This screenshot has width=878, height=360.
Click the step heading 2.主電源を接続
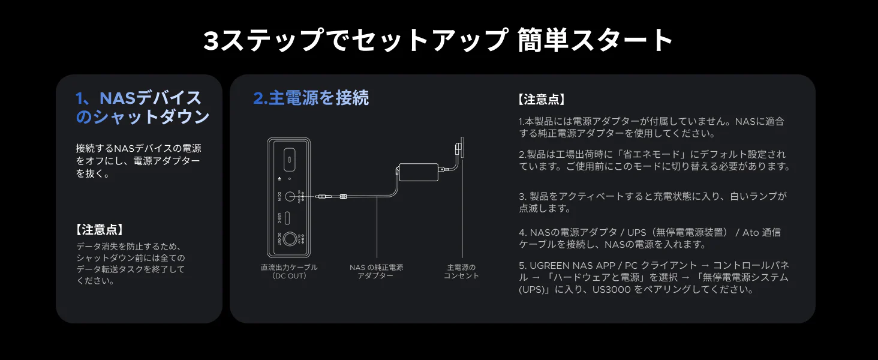311,98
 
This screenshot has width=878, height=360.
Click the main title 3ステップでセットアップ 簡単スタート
438,41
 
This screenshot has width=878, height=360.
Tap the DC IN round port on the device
289,196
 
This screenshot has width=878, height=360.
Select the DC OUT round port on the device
289,238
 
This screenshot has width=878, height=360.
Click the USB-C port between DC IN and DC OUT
289,217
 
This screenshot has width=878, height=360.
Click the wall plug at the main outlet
459,148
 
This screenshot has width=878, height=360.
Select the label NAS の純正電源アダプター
376,271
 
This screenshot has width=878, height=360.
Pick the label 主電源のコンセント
461,271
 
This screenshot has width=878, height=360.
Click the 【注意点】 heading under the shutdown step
100,229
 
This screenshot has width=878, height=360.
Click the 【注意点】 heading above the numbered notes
542,100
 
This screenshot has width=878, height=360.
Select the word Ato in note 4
750,233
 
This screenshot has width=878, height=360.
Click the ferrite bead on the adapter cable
344,196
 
